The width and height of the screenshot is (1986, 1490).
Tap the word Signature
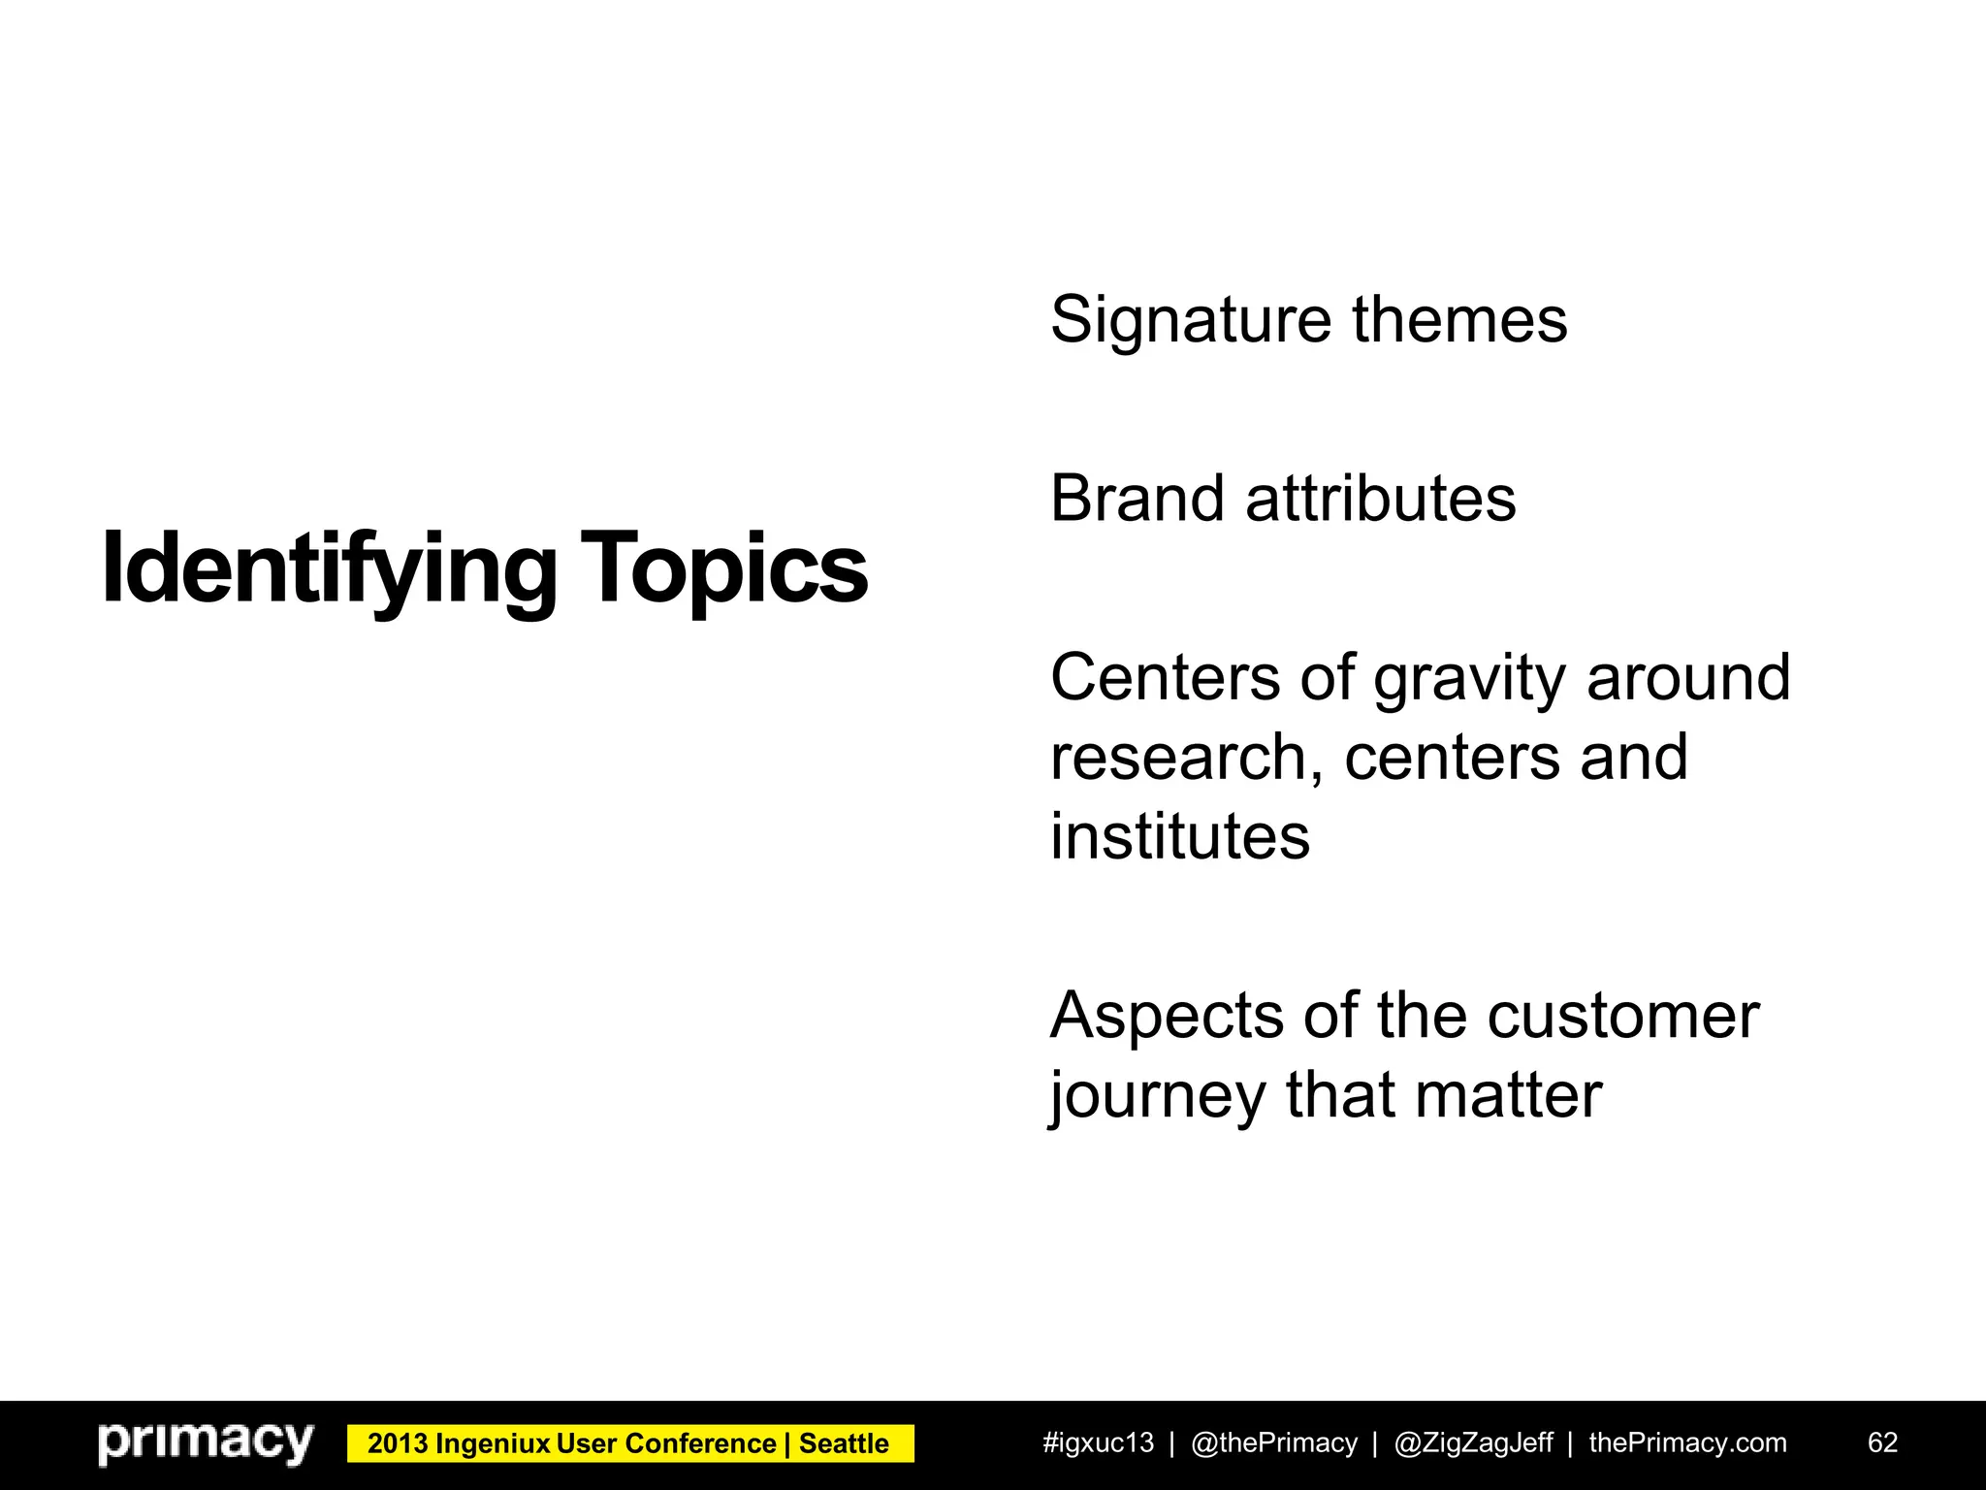click(1191, 320)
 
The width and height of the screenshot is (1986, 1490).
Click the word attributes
click(1380, 499)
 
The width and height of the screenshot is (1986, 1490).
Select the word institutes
click(1179, 836)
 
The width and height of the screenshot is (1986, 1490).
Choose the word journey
click(1158, 1096)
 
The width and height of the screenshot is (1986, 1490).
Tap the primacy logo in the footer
click(206, 1443)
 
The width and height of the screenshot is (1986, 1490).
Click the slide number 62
click(1882, 1443)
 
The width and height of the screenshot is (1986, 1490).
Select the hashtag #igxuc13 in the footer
click(1098, 1443)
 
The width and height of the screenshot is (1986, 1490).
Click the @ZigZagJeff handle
click(1473, 1443)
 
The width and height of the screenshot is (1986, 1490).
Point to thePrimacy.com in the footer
click(1687, 1443)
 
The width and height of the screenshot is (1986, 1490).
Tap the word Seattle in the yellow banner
click(844, 1444)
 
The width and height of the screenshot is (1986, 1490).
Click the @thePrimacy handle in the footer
click(1273, 1443)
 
